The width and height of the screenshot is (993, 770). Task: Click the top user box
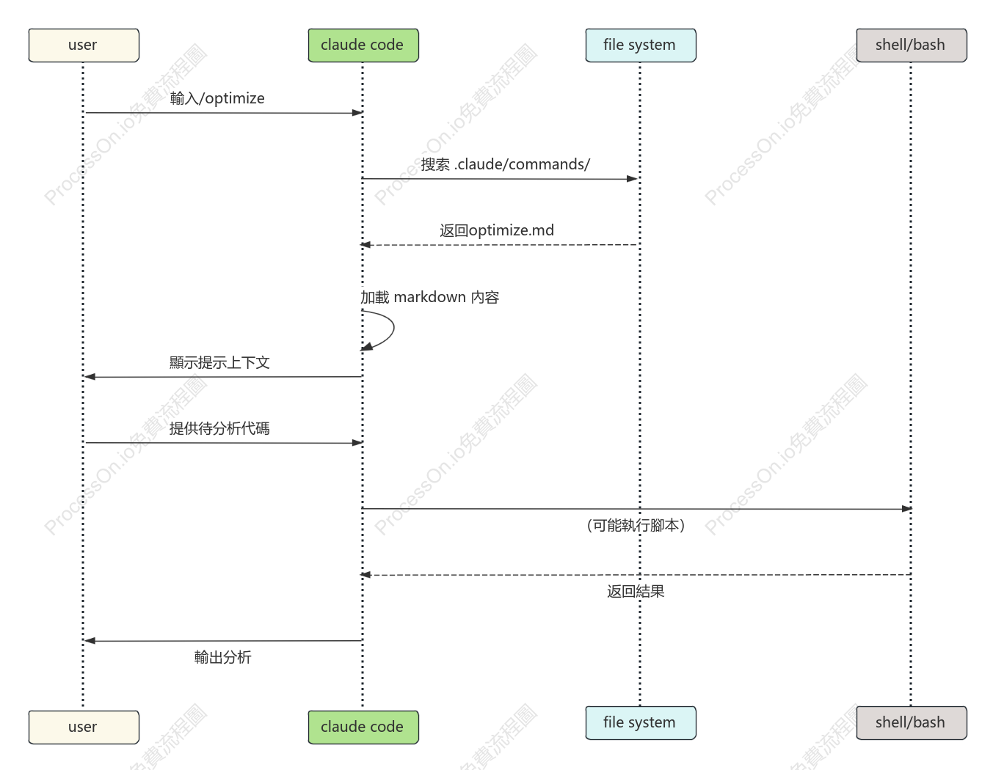point(84,45)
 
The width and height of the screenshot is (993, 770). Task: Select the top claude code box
point(363,45)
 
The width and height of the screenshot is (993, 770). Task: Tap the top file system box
point(641,45)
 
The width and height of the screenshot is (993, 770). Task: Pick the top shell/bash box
point(912,45)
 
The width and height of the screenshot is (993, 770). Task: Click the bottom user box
point(84,727)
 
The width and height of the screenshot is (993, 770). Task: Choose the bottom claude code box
point(363,727)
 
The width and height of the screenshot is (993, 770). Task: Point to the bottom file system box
point(641,723)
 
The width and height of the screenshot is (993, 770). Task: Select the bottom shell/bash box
point(912,723)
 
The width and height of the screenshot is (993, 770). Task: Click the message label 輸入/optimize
point(217,98)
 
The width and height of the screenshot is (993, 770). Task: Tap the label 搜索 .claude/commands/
point(506,164)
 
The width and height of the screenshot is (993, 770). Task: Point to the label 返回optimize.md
point(497,230)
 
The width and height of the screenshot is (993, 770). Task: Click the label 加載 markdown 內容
point(429,297)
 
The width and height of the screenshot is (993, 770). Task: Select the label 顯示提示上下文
point(219,362)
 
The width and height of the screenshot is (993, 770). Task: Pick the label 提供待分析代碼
point(219,428)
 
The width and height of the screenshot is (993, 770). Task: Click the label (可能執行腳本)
point(636,525)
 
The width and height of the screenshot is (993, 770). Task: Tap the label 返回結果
point(636,592)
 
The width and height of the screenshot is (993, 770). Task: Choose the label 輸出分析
point(222,657)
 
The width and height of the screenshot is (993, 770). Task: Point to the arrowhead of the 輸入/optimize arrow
point(357,113)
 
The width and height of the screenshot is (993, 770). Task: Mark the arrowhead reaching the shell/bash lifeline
point(907,509)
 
